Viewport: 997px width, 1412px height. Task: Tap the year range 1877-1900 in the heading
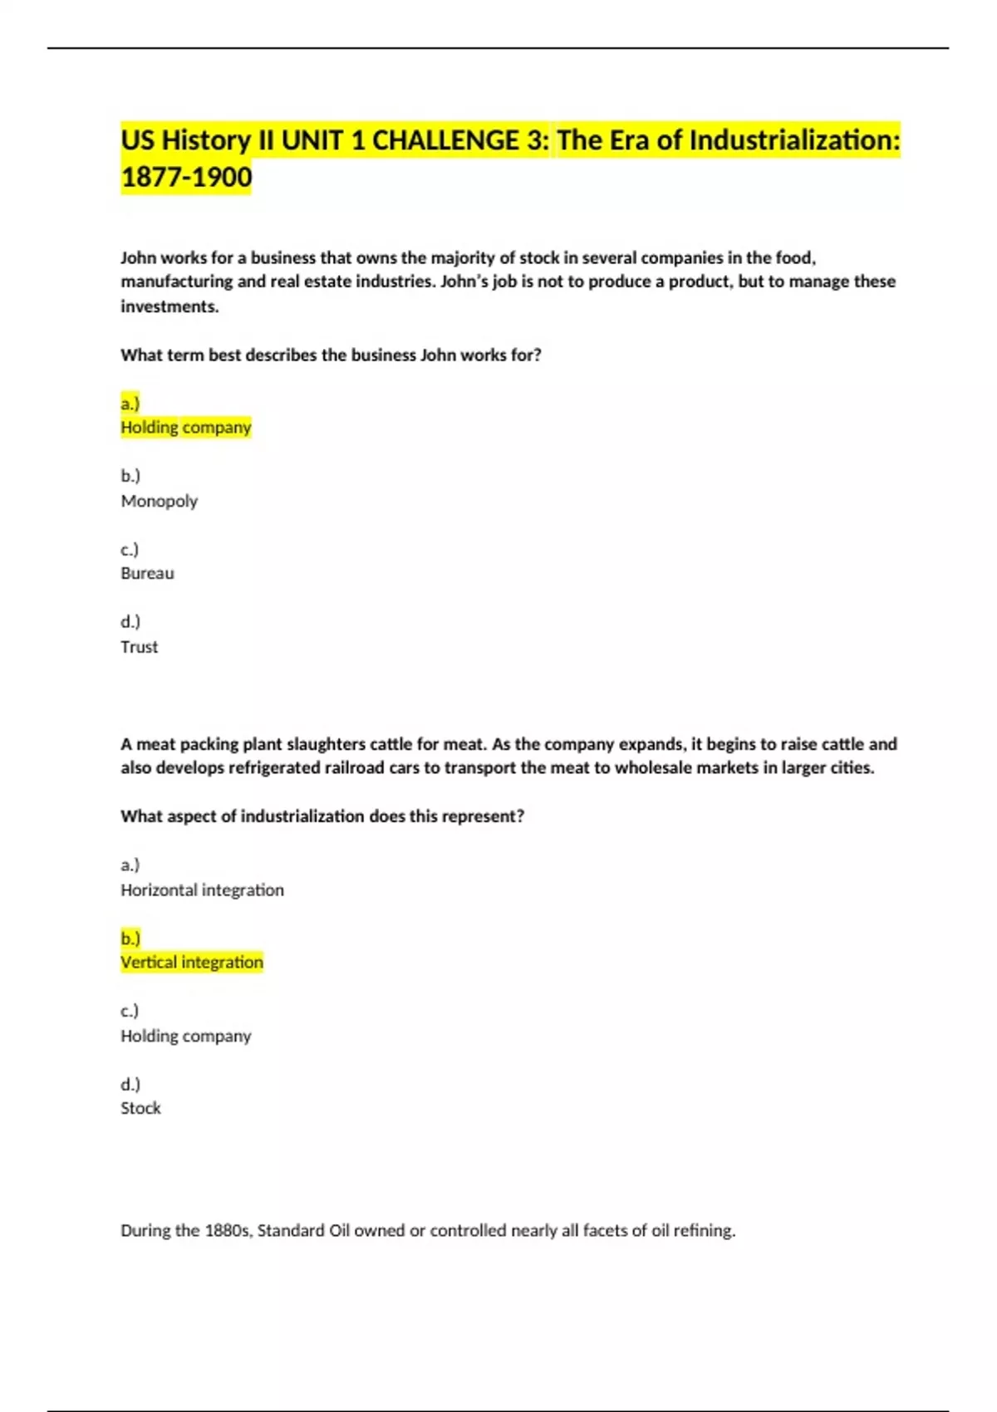186,177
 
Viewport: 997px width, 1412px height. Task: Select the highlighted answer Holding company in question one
185,428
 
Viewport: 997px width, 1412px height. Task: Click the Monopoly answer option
159,501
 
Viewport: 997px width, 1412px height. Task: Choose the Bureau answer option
147,573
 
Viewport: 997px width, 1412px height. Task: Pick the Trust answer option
139,647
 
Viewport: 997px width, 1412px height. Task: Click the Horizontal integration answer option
202,890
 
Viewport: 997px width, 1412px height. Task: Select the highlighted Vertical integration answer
192,963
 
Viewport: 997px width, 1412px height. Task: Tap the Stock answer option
140,1108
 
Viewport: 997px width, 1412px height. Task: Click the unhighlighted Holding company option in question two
185,1036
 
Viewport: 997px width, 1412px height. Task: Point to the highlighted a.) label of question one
130,404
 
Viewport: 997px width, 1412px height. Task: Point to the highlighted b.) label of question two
130,939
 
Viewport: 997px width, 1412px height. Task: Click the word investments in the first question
169,306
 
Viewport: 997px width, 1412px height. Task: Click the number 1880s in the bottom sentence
228,1230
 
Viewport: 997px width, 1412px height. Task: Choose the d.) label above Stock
130,1084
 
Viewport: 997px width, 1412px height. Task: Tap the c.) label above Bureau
130,549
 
